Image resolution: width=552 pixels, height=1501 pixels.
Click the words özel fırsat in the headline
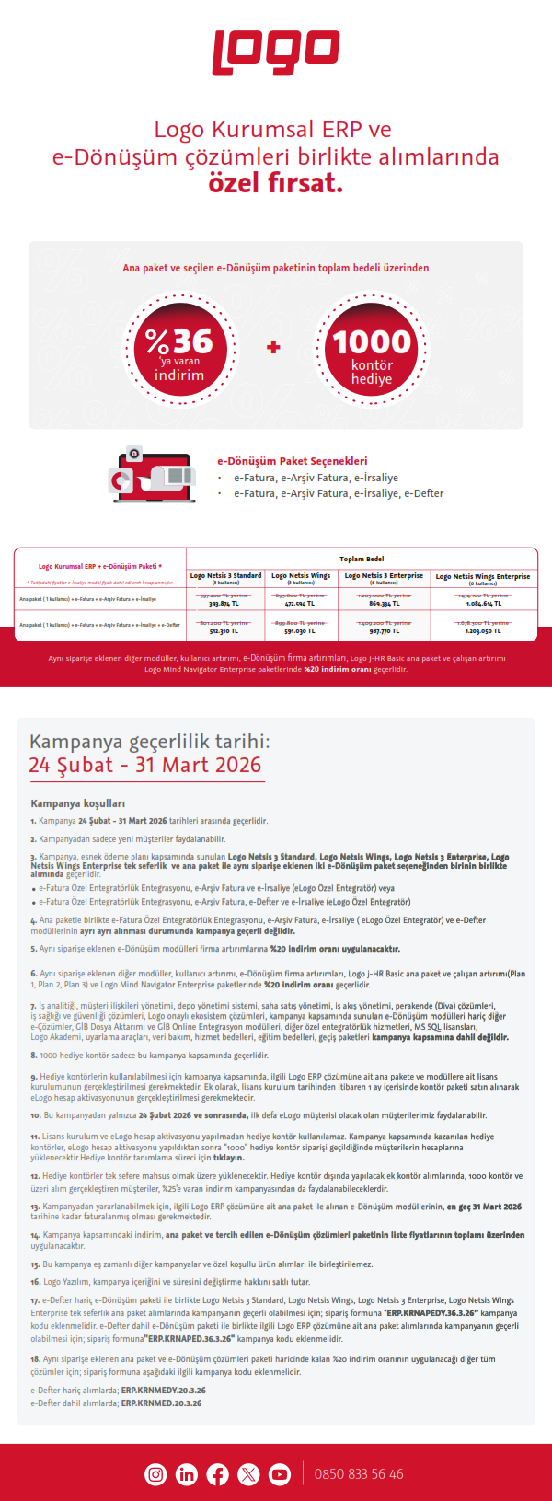pyautogui.click(x=276, y=182)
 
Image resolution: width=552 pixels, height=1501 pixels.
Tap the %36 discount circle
pyautogui.click(x=179, y=348)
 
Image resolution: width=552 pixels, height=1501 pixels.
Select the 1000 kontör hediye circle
pyautogui.click(x=372, y=348)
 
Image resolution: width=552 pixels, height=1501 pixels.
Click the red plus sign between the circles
pyautogui.click(x=273, y=347)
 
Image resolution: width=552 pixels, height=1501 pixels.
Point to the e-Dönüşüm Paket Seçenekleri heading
pyautogui.click(x=292, y=461)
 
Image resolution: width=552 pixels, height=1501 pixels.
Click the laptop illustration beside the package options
pyautogui.click(x=153, y=475)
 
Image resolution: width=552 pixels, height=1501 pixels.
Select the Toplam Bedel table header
pyautogui.click(x=362, y=559)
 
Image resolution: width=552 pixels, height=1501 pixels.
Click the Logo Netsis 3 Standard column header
pyautogui.click(x=225, y=577)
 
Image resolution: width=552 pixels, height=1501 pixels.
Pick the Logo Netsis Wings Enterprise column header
pyautogui.click(x=483, y=578)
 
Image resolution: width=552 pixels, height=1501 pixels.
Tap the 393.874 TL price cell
pyautogui.click(x=224, y=604)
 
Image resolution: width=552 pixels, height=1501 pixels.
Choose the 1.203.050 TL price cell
pyautogui.click(x=483, y=631)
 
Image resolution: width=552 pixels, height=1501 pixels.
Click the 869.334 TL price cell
pyautogui.click(x=384, y=604)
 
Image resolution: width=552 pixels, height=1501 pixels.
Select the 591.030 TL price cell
pyautogui.click(x=301, y=631)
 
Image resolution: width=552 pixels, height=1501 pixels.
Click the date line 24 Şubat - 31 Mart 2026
pyautogui.click(x=145, y=765)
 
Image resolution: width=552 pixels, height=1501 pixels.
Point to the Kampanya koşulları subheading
pyautogui.click(x=77, y=803)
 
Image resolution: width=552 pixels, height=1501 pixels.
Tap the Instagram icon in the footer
pyautogui.click(x=155, y=1473)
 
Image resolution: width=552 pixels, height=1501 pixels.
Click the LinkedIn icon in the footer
pyautogui.click(x=187, y=1473)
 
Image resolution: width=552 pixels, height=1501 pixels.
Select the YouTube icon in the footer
pyautogui.click(x=279, y=1473)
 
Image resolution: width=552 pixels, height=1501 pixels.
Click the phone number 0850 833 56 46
pyautogui.click(x=359, y=1473)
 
